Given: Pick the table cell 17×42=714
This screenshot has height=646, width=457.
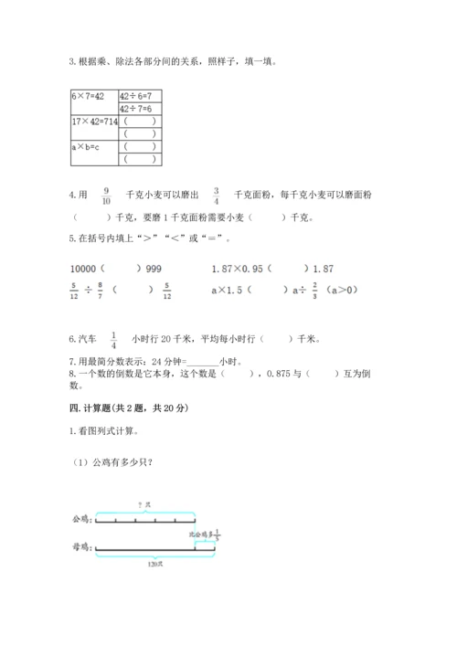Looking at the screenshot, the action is pyautogui.click(x=94, y=121).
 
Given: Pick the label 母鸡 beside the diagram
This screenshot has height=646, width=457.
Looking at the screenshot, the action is pyautogui.click(x=80, y=549).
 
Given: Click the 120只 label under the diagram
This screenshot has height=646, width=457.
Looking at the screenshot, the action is pyautogui.click(x=142, y=565).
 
